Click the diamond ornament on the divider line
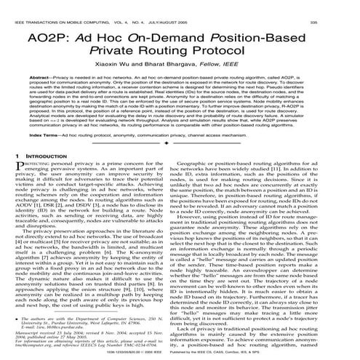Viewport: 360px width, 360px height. [x=180, y=164]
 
